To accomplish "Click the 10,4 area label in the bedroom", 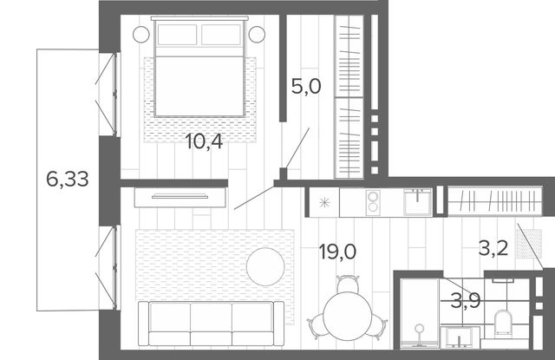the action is pyautogui.click(x=204, y=142).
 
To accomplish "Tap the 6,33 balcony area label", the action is pyautogui.click(x=68, y=179).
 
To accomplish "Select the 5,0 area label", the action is pyautogui.click(x=306, y=87).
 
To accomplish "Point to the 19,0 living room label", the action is pyautogui.click(x=337, y=252).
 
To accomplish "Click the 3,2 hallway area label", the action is pyautogui.click(x=493, y=248).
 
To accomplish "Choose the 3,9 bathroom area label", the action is pyautogui.click(x=466, y=301).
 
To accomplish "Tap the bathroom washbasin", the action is pyautogui.click(x=460, y=337).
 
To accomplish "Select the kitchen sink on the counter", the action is pyautogui.click(x=418, y=202).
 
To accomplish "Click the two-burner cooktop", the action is pyautogui.click(x=373, y=202).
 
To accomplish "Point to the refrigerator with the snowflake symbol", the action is pyautogui.click(x=324, y=202).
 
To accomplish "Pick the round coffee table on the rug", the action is pyautogui.click(x=265, y=266).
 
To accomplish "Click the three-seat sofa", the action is pyautogui.click(x=211, y=324).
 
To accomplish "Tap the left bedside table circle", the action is pyautogui.click(x=141, y=35).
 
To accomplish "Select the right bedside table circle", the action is pyautogui.click(x=257, y=35).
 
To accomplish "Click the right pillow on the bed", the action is pyautogui.click(x=221, y=35).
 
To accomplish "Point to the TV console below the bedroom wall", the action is pyautogui.click(x=180, y=197).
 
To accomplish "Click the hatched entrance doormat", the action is pyautogui.click(x=529, y=244).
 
